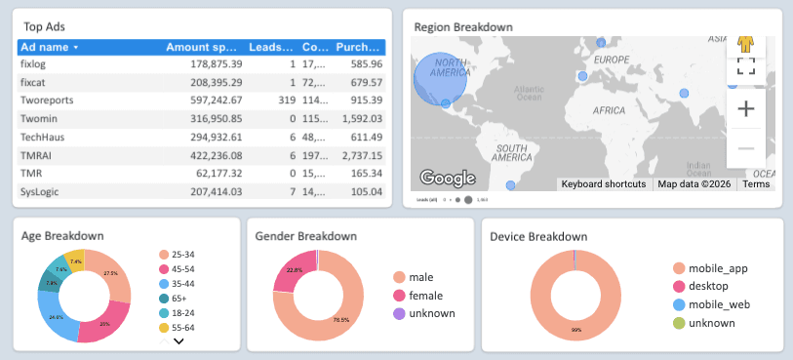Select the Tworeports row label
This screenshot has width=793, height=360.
pos(47,100)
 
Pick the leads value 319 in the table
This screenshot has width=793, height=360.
pos(286,100)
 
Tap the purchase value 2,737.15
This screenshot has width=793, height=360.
pos(358,155)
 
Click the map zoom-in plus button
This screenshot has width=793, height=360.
pos(746,108)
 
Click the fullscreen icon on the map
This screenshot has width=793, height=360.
pos(746,66)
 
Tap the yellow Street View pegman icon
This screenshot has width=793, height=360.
pos(746,43)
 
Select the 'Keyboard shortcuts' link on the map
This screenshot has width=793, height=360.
pos(603,183)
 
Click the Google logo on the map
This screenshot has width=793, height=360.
pos(447,178)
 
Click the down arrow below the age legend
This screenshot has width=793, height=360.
pos(178,340)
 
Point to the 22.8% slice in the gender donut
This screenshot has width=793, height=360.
pos(291,272)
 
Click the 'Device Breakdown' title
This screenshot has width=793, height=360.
pos(537,236)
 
